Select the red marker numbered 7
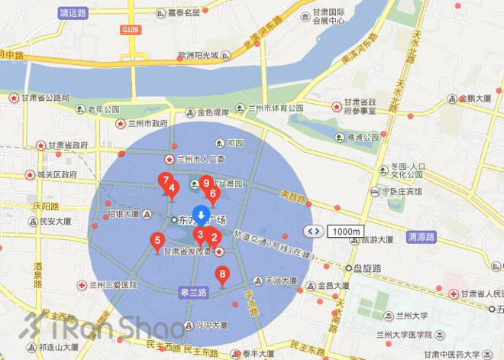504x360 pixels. tap(164, 181)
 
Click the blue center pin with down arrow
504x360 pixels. tap(201, 215)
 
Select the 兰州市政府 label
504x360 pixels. tap(141, 123)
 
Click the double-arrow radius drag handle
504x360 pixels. tap(313, 231)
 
